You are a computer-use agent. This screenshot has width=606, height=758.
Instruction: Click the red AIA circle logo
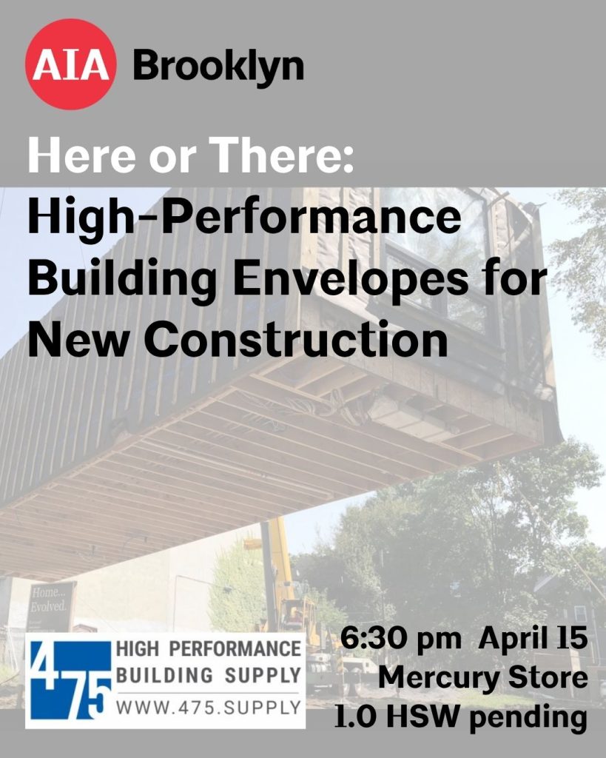point(70,64)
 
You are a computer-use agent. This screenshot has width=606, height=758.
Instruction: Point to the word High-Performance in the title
point(244,219)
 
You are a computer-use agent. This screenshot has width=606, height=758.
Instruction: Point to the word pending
point(528,719)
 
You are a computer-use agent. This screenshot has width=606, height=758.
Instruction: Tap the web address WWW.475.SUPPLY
point(209,708)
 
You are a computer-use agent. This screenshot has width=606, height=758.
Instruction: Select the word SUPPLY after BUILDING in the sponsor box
point(263,675)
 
